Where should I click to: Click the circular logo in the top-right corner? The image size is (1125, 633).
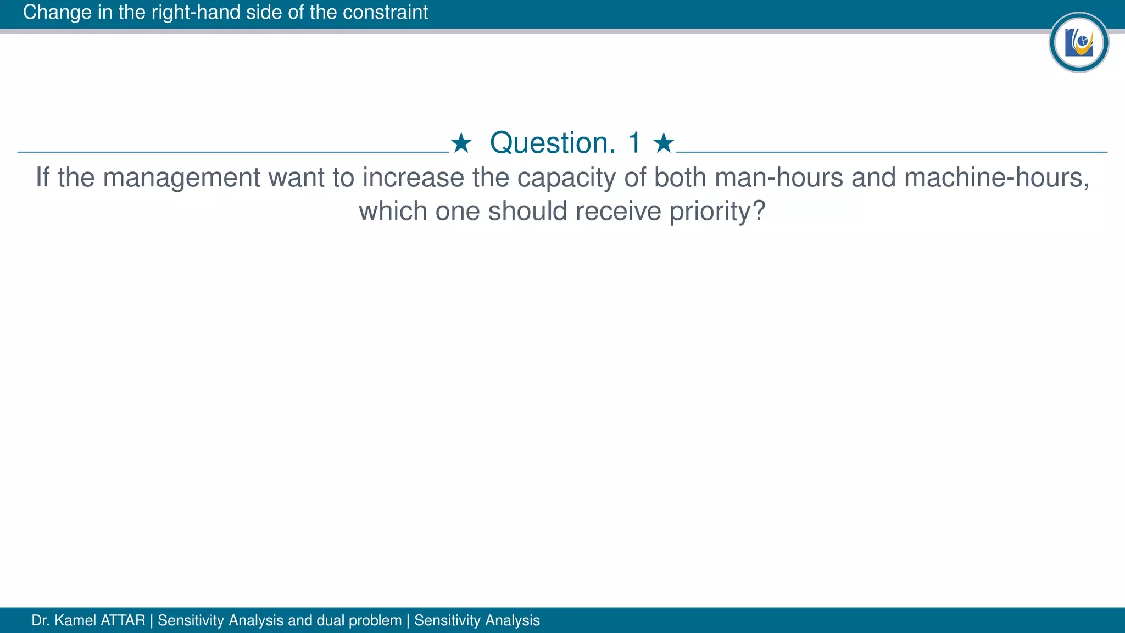(1078, 42)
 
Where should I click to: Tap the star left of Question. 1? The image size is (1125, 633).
(461, 143)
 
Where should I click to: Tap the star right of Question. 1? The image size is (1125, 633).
(664, 143)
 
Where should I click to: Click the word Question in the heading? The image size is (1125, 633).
(553, 143)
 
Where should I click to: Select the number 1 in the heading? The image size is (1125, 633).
(634, 143)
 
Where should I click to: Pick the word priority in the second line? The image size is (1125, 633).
(717, 212)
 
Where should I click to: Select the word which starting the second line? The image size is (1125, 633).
(393, 212)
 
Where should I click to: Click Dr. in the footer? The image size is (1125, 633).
(41, 620)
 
